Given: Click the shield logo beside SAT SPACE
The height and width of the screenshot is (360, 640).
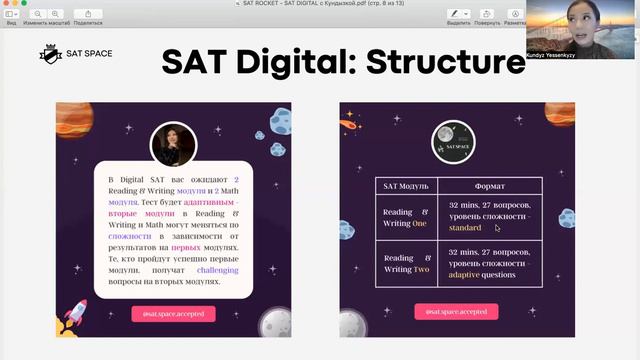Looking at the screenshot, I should (47, 54).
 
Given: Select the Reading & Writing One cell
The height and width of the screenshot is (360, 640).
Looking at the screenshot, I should (407, 219).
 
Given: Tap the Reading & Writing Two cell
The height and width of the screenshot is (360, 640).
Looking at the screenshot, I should (407, 263).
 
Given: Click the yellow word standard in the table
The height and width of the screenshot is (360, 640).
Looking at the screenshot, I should (466, 228).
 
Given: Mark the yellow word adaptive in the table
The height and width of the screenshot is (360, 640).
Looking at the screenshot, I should (464, 273).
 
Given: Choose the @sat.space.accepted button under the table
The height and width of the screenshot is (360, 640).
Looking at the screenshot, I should (456, 312).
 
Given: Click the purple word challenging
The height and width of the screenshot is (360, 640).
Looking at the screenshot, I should (218, 270).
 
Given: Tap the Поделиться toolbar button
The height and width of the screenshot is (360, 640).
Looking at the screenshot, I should (87, 15).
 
